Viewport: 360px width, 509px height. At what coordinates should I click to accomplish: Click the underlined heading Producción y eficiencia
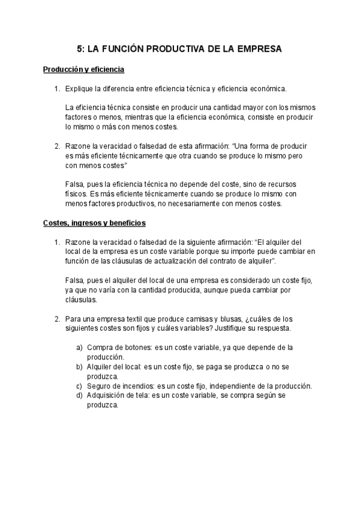(x=83, y=70)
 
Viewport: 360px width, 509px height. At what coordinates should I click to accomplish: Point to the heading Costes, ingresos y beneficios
(x=94, y=223)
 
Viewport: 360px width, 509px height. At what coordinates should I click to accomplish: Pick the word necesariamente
(x=203, y=203)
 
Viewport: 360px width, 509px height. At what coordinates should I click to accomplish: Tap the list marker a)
(x=79, y=348)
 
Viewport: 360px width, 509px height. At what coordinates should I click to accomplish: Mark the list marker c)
(x=79, y=386)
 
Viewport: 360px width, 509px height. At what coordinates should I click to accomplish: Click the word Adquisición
(x=108, y=396)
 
